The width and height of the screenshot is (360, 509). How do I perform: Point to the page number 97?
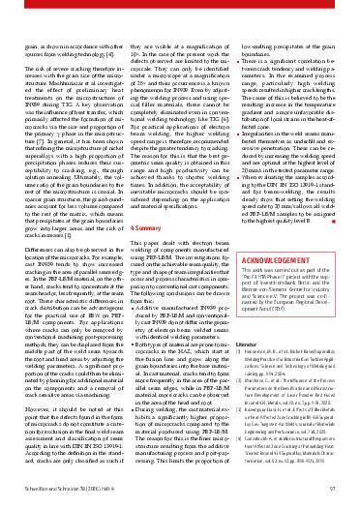click(x=329, y=491)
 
